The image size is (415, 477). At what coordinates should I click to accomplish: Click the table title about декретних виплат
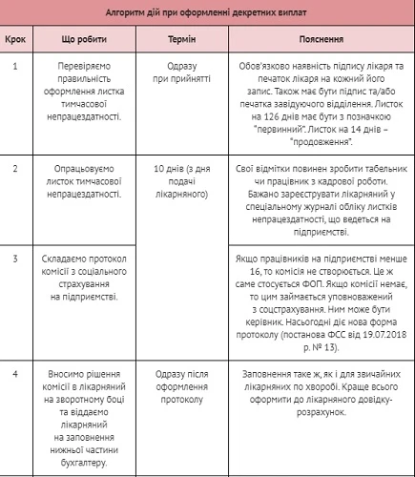207,14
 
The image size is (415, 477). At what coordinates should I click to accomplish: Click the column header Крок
16,41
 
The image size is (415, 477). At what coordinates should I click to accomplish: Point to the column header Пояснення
321,41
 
